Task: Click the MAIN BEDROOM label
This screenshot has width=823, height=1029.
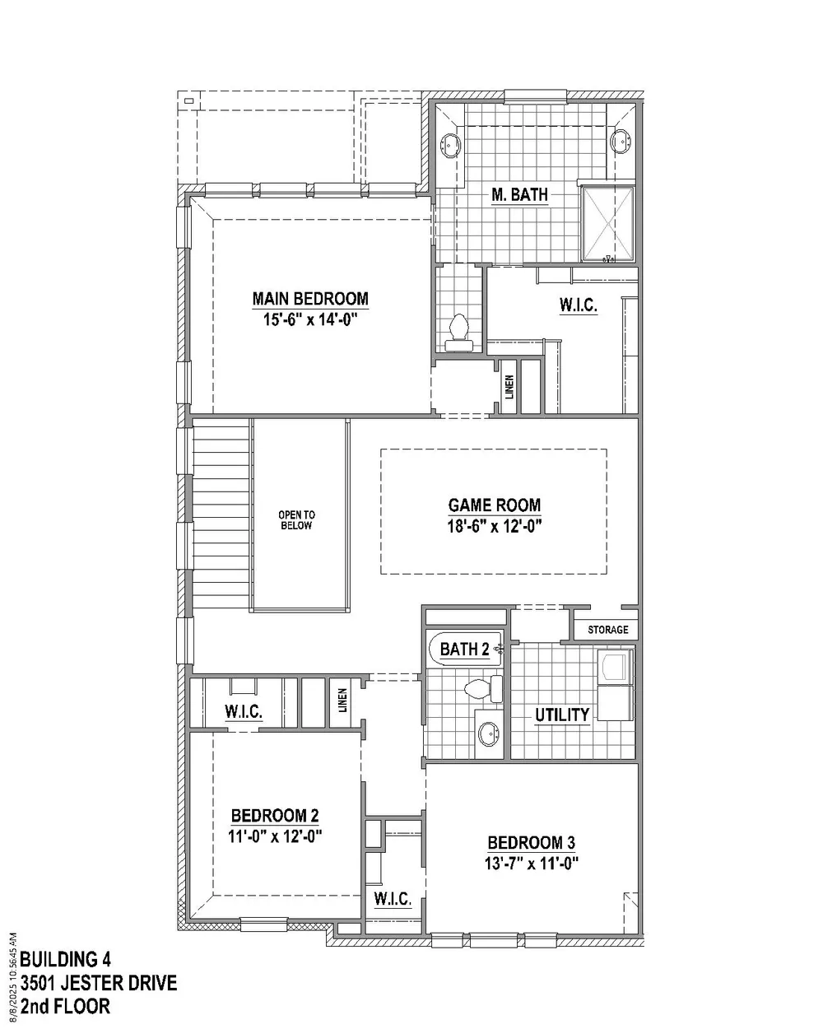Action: pos(310,299)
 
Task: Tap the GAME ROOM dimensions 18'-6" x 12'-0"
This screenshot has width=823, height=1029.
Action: pos(495,527)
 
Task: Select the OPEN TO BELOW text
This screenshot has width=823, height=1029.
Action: pos(296,520)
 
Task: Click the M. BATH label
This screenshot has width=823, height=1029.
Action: pos(519,194)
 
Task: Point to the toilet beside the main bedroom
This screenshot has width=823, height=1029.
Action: pos(459,333)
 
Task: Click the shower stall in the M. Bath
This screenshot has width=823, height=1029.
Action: pos(608,224)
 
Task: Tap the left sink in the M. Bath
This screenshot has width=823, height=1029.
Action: pos(450,143)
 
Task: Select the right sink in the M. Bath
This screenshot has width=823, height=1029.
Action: pos(621,142)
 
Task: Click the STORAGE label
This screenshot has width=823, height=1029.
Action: pos(608,630)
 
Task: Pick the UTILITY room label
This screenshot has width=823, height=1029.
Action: pos(562,715)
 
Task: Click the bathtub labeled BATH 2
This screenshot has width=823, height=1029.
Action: pos(465,649)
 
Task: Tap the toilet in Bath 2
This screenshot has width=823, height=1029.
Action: pos(483,689)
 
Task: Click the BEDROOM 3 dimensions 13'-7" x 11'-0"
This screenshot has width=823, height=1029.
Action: pos(532,864)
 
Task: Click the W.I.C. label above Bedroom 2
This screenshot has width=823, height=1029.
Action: pos(244,711)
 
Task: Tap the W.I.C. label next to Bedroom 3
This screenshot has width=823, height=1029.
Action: pos(393,898)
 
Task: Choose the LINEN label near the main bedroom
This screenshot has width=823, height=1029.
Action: pos(509,387)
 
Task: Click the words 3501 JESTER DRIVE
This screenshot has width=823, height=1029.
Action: pos(99,983)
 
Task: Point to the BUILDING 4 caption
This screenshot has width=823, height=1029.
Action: pos(66,959)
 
